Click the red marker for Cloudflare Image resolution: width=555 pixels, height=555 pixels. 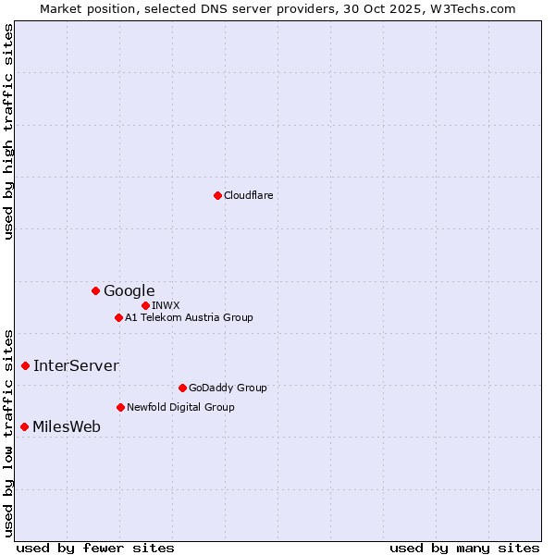pos(217,195)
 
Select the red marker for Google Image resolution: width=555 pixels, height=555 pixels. pos(95,291)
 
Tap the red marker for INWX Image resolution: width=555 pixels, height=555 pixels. pos(145,305)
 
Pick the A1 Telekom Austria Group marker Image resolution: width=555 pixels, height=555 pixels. pos(118,318)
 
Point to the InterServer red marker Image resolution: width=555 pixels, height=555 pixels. pos(25,366)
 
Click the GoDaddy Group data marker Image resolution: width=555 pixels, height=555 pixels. pos(182,388)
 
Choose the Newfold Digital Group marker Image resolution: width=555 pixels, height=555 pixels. pos(120,407)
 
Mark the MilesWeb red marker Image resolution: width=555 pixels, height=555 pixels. pos(24,426)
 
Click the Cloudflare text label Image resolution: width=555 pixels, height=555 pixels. pos(248,195)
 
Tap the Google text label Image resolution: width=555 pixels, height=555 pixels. pos(129,291)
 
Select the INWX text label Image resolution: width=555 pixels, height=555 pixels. pos(166,305)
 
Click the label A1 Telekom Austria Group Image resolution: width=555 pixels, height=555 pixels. pos(189,318)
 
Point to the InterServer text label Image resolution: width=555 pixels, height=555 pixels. pos(76,366)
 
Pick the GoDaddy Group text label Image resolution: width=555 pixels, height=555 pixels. pos(228,388)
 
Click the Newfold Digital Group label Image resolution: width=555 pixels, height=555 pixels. pos(180,407)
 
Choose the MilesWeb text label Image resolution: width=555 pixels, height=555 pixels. pos(67,427)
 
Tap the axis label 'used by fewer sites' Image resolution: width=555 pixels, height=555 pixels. pos(95,548)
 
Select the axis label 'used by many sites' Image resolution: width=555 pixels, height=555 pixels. pos(464,548)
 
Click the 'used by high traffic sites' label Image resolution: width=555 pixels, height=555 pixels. pos(9,131)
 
